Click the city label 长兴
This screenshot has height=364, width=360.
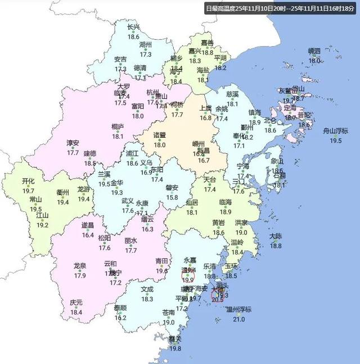(133, 27)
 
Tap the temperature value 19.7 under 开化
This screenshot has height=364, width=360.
(29, 191)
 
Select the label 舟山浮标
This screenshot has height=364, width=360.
(335, 131)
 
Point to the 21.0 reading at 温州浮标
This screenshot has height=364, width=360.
(240, 320)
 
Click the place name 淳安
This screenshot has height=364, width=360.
(73, 143)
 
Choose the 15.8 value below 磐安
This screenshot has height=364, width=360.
(171, 197)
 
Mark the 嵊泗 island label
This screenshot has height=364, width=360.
(314, 51)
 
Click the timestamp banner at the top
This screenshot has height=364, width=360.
(280, 8)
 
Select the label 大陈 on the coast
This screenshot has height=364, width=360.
(276, 236)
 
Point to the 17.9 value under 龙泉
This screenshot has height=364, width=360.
(79, 275)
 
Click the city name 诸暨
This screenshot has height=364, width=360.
(160, 135)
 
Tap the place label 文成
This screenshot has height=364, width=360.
(147, 289)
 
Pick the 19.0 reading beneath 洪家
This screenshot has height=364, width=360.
(241, 232)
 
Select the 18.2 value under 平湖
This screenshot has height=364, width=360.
(220, 67)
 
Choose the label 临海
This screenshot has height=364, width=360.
(225, 202)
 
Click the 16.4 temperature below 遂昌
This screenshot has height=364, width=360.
(88, 235)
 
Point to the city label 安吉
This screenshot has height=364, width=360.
(120, 59)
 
